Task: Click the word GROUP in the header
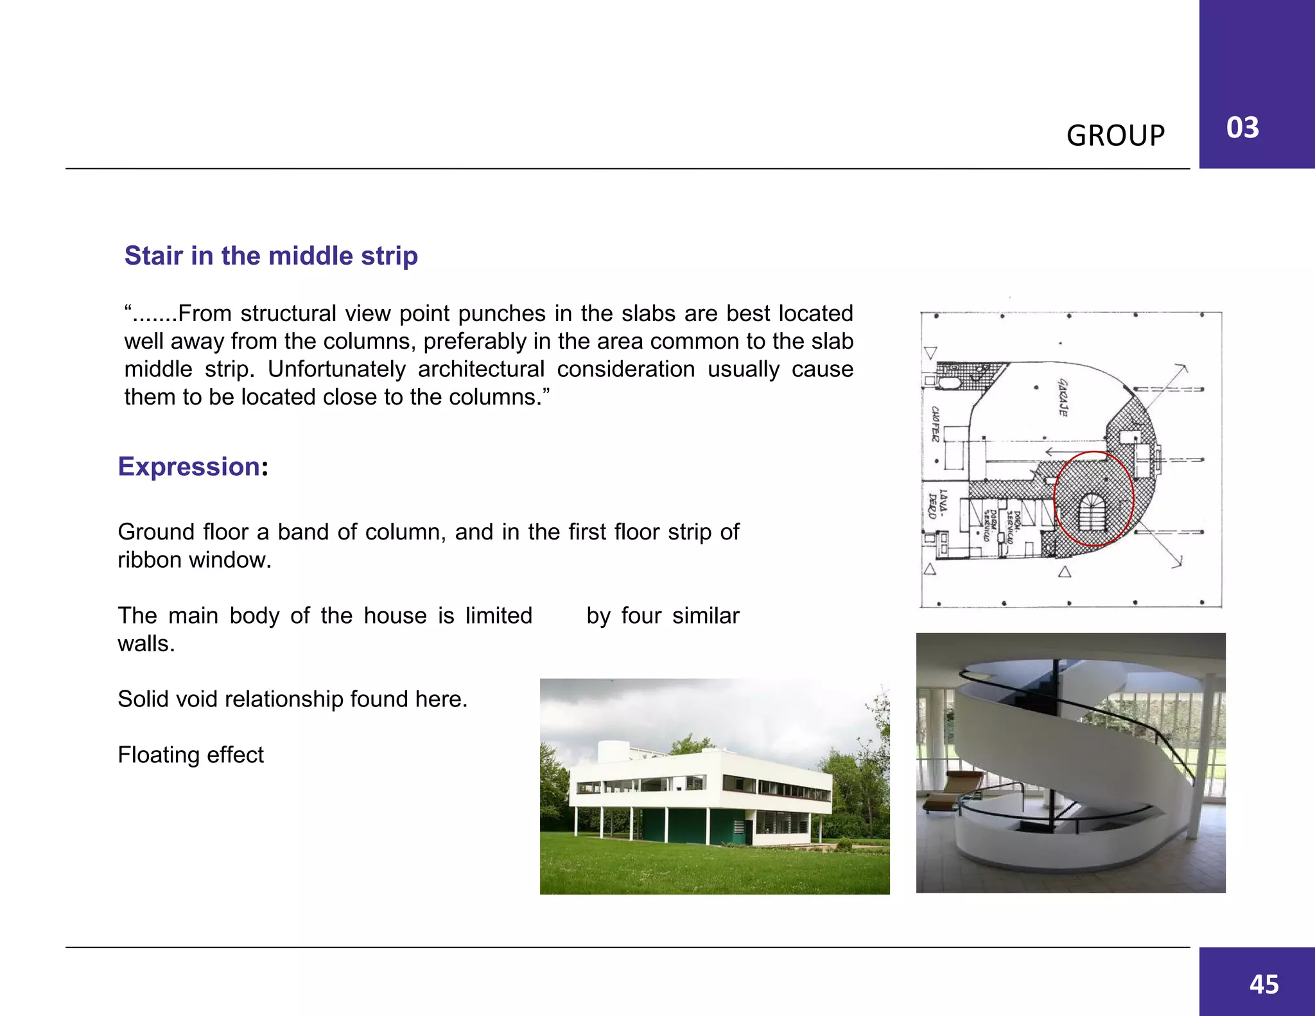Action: (x=1115, y=136)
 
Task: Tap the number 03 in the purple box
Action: (x=1242, y=127)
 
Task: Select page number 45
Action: (x=1264, y=984)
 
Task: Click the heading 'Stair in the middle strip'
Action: (x=271, y=256)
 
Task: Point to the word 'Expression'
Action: (x=189, y=466)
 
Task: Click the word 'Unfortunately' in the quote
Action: (x=336, y=369)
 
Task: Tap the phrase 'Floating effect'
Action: (x=191, y=755)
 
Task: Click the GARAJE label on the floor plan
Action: (x=1063, y=397)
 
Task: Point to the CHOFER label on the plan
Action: (x=936, y=424)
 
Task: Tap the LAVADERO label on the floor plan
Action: (x=937, y=504)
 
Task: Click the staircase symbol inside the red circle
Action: (x=1092, y=512)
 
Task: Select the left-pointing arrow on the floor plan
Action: (x=1053, y=452)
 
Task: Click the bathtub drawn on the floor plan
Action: (x=948, y=383)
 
